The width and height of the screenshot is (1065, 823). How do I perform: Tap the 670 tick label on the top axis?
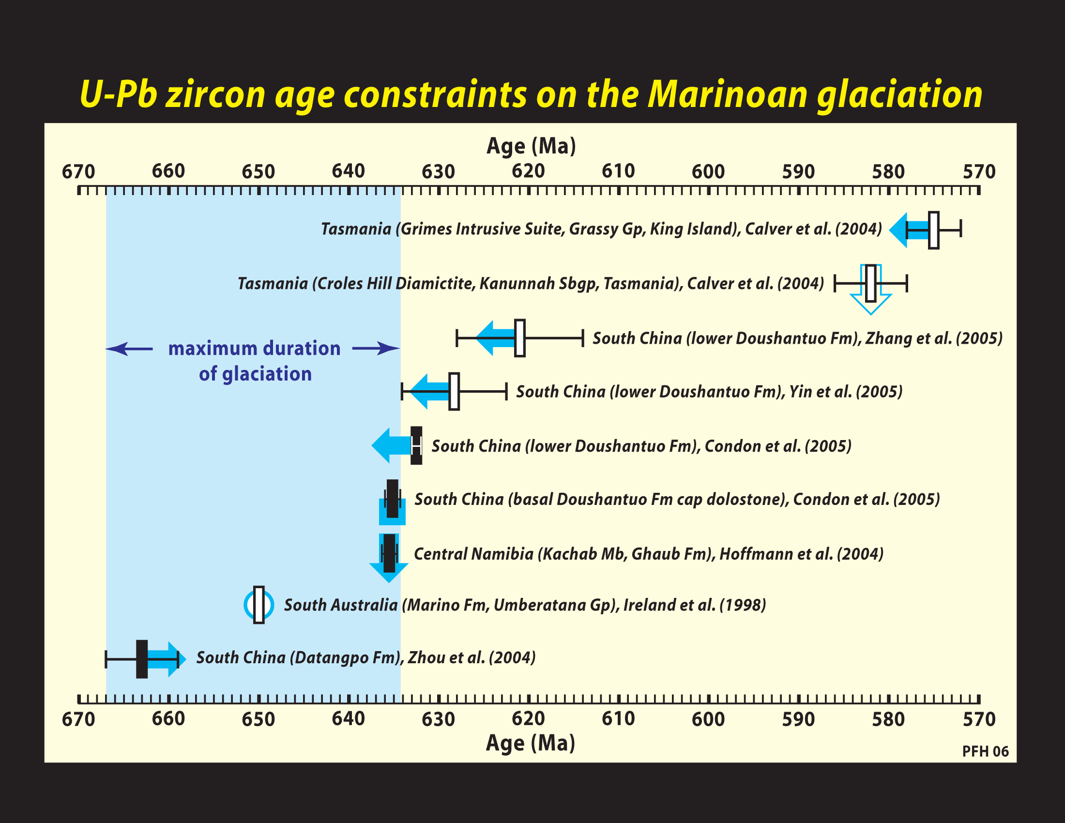(78, 172)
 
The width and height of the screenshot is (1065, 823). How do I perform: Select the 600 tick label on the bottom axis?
(709, 719)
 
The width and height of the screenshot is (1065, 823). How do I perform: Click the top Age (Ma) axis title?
(531, 146)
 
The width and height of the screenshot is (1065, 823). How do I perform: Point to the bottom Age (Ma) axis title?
(531, 743)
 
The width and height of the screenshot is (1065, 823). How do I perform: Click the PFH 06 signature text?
(985, 751)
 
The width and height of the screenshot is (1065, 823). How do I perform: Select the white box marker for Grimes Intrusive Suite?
(933, 230)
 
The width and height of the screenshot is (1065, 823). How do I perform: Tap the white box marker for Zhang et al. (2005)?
(520, 338)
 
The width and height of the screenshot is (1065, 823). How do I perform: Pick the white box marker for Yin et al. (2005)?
(454, 392)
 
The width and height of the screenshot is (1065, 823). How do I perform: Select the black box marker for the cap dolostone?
(393, 499)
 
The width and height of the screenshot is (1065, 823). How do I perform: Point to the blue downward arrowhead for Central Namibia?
(389, 572)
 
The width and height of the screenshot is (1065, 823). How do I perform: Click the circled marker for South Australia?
(259, 605)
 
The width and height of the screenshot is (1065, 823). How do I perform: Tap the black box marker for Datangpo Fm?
(142, 659)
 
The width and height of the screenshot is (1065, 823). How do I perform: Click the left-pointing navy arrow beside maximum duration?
(129, 349)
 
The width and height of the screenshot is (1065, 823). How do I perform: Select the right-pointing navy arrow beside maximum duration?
(376, 348)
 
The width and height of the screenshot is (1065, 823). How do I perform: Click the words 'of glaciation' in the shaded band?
(255, 374)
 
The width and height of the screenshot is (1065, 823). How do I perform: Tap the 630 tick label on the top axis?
(439, 172)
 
